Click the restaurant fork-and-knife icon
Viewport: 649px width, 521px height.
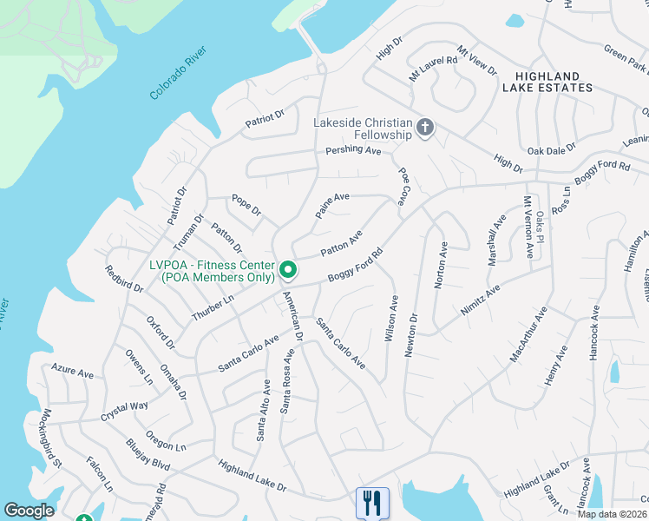372,503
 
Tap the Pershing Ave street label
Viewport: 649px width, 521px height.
353,151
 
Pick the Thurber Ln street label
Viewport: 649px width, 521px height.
213,308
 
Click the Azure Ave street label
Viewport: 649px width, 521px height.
73,373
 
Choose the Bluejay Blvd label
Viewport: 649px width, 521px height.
147,453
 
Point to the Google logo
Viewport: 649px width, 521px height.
29,511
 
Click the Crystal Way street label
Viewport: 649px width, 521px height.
123,407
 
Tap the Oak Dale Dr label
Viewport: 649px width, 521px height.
551,149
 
